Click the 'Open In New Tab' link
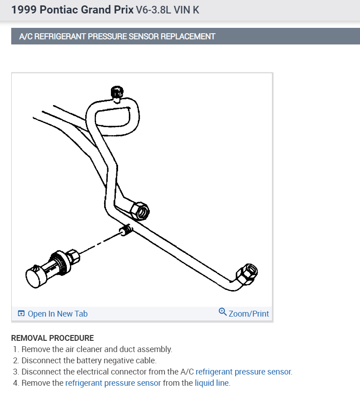click(57, 314)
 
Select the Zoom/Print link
click(249, 314)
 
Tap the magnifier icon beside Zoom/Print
click(223, 312)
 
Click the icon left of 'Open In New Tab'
click(21, 314)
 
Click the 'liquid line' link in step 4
click(212, 383)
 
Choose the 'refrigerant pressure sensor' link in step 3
click(243, 372)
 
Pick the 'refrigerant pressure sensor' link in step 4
click(113, 383)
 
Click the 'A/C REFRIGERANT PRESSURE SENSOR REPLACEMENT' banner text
click(118, 36)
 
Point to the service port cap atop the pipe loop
click(116, 93)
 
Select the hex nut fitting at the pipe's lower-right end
click(246, 273)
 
